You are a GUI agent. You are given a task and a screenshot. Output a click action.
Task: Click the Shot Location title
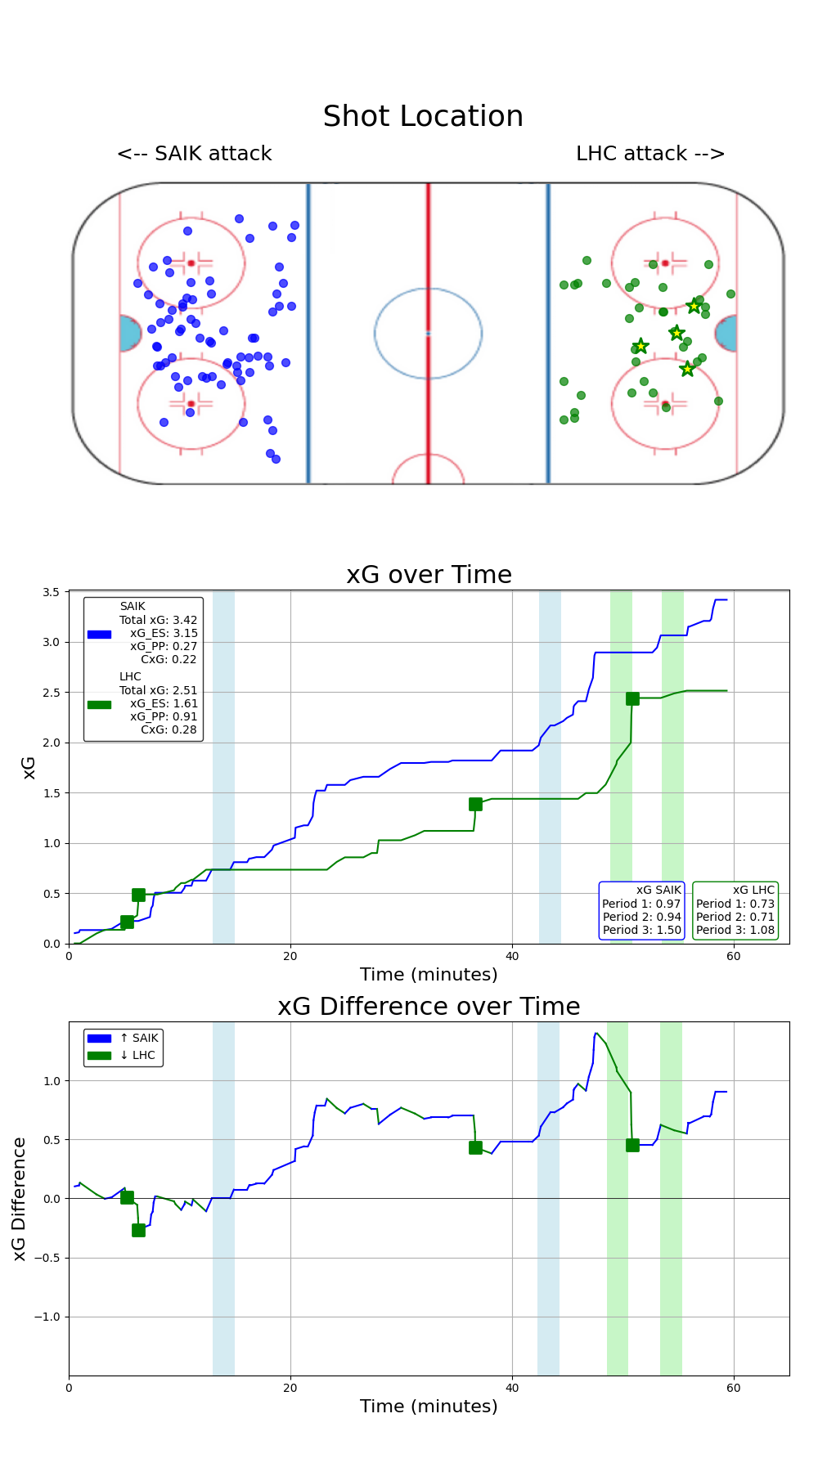423,117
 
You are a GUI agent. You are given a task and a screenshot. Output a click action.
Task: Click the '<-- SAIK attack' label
194,154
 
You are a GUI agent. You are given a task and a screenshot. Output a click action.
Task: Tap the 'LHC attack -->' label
650,154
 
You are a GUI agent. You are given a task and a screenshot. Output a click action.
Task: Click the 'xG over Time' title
429,575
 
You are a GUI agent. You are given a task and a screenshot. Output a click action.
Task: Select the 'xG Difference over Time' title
429,1007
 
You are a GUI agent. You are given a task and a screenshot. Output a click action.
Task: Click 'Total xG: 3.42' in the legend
158,620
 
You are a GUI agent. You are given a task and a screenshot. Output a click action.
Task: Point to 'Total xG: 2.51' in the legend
158,690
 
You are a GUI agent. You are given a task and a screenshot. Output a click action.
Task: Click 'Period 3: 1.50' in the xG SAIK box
641,930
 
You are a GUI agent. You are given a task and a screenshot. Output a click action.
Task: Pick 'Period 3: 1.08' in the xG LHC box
735,930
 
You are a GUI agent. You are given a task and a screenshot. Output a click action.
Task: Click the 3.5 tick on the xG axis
52,592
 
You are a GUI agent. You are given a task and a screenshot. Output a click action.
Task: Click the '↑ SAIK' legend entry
138,1038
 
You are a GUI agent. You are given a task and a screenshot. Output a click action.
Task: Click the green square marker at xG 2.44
632,698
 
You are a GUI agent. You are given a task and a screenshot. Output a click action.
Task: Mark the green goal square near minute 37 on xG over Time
475,804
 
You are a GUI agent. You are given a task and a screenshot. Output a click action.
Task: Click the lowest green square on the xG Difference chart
138,1230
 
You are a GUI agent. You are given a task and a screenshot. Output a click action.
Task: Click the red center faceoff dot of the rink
428,333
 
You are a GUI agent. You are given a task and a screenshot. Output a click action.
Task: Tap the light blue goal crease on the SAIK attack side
128,334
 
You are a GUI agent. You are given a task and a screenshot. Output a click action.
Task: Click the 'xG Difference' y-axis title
20,1198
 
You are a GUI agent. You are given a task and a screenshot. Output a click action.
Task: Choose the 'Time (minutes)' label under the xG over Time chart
429,975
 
